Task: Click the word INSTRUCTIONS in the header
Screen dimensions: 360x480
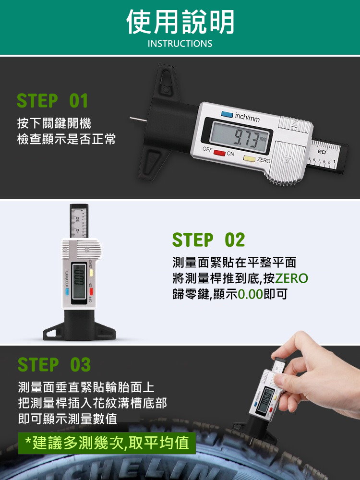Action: coord(180,44)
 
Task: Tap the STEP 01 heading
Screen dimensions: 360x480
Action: coord(52,101)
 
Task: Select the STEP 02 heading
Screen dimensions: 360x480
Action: coord(208,240)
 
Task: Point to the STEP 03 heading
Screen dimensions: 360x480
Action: coord(54,364)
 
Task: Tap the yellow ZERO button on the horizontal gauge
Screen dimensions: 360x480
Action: coord(249,158)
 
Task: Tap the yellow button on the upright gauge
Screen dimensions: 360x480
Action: coord(91,273)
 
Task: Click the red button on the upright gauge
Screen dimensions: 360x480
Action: coord(91,292)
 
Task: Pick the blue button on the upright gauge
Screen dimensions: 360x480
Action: coord(67,292)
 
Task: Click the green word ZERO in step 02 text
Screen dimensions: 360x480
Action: coord(291,278)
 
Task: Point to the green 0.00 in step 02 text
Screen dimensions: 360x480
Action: coord(251,294)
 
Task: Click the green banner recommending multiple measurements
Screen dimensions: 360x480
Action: coord(107,443)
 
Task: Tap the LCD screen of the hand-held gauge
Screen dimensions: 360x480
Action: coord(265,400)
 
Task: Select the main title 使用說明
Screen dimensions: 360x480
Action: coord(180,22)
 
